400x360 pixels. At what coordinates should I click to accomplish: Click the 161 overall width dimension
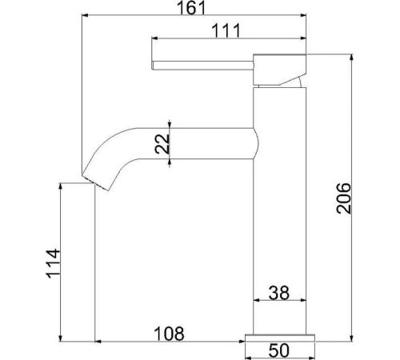point(191,8)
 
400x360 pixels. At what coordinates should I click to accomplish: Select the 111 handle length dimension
point(226,30)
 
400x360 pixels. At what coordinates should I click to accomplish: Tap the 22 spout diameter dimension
point(162,144)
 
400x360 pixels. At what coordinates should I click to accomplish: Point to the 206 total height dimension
point(343,198)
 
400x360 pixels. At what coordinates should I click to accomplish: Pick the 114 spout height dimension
point(53,264)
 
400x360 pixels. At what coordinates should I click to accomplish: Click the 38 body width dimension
point(279,293)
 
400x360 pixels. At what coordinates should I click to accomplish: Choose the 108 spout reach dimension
point(170,334)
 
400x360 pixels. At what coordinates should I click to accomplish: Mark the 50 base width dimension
point(279,350)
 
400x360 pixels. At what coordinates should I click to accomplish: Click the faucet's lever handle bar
point(202,66)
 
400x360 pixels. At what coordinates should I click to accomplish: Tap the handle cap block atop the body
point(279,70)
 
